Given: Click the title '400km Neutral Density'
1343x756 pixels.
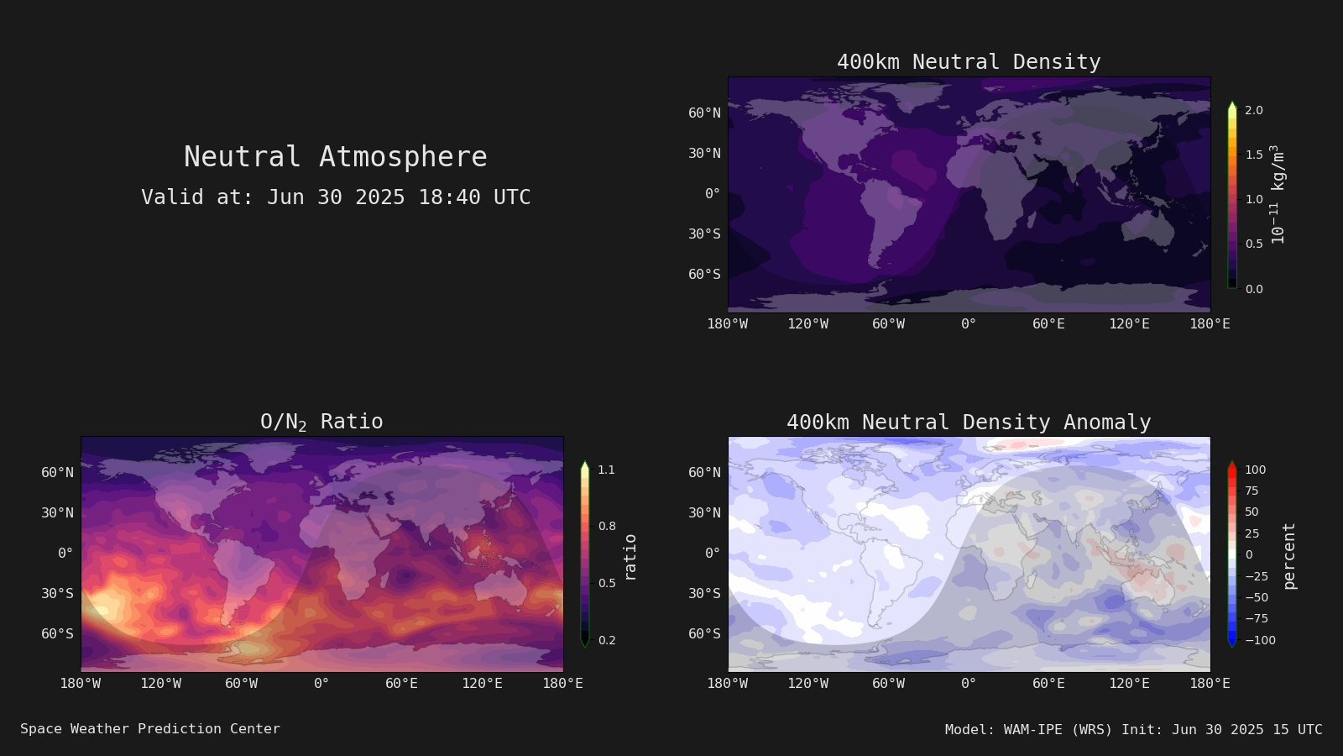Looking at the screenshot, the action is click(969, 62).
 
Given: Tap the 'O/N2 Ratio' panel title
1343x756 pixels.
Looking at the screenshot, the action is click(321, 422).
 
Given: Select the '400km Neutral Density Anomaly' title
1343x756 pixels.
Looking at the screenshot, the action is click(969, 423).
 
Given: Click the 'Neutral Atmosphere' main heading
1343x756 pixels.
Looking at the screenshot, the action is click(335, 156).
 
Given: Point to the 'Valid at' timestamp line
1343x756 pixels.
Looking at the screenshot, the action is click(336, 197).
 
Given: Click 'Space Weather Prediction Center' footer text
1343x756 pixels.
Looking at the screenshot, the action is click(150, 729).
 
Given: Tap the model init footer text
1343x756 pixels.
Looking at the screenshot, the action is click(1133, 730).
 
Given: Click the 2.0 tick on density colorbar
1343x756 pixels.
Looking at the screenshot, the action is click(1254, 110).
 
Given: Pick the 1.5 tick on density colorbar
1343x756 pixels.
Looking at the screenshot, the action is click(1254, 155).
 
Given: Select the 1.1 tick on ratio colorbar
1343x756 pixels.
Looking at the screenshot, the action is click(606, 470).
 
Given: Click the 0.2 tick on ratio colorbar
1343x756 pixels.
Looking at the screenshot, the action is click(607, 640).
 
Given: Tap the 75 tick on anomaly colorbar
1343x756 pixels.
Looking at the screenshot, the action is click(1252, 491).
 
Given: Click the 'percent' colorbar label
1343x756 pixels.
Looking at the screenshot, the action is click(1289, 556).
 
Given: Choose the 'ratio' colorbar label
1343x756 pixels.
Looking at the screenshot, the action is click(630, 558).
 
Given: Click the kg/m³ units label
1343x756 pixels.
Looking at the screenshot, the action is click(1278, 194).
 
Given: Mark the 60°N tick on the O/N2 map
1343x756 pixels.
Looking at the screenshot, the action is click(58, 473).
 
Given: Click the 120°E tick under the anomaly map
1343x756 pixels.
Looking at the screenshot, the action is click(1129, 684).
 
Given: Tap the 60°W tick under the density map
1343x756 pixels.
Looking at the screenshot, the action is click(889, 324).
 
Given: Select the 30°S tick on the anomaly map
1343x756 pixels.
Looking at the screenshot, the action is click(704, 593).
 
